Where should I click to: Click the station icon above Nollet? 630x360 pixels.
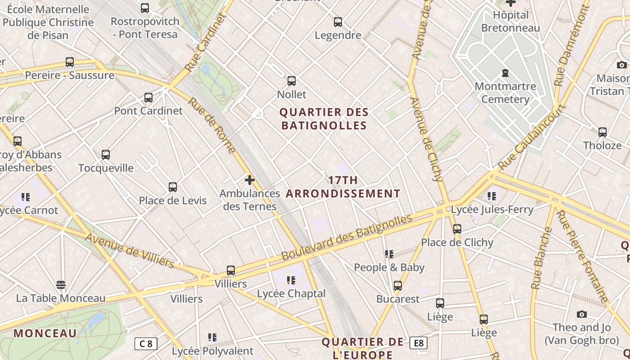coord(292,81)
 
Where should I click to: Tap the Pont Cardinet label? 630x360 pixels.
coord(148,111)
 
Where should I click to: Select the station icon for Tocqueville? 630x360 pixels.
coord(106,155)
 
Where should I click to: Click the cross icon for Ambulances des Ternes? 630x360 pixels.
coord(250,180)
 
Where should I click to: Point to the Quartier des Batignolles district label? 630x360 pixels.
coord(324,119)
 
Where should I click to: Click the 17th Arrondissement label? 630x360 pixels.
coord(343,187)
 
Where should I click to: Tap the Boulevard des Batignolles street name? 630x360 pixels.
coord(346,237)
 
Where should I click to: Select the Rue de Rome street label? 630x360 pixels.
coord(211,126)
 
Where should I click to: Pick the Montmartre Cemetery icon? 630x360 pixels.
coord(505,73)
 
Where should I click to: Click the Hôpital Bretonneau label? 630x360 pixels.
coord(510,22)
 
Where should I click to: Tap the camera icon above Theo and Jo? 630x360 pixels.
coord(582,314)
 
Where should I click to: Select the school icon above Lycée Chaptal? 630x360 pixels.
coord(291,280)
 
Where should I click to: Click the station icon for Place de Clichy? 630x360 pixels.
coord(457,229)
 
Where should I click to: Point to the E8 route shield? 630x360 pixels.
coord(418,343)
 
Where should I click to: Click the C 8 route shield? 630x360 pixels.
coord(146,344)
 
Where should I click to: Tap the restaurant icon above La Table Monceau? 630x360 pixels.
coord(61,285)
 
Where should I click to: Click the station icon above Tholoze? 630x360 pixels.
coord(603,132)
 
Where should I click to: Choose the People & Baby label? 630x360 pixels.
coord(389,268)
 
